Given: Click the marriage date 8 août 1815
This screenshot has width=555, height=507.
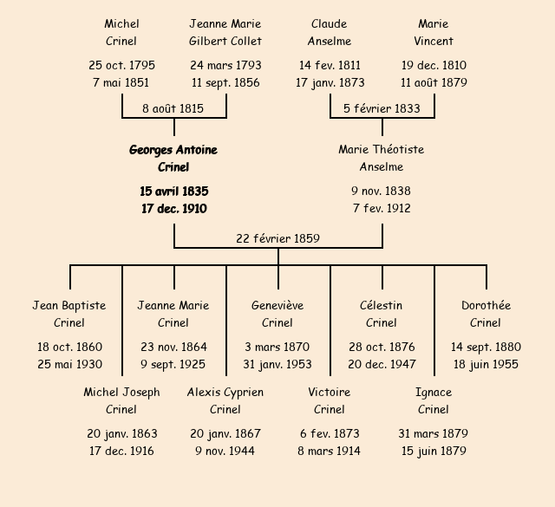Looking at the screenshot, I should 173,108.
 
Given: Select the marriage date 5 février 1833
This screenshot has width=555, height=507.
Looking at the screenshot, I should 382,108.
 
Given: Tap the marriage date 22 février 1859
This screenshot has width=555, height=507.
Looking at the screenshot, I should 278,238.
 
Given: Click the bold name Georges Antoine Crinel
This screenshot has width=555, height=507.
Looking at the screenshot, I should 173,159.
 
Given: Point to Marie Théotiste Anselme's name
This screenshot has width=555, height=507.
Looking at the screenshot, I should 382,159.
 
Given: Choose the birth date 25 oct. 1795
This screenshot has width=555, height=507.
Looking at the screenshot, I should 121,65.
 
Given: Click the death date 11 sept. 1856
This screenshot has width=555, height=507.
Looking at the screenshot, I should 225,83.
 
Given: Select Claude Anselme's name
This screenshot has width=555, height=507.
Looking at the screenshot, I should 330,32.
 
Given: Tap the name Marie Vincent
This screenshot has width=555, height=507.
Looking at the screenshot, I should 434,32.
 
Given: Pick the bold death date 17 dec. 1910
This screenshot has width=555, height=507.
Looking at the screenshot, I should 173,208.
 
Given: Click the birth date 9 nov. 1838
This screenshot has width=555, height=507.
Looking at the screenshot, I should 382,191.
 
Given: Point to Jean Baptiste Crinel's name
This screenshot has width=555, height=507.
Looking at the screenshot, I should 69,314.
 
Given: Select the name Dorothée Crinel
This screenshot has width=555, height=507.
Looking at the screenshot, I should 486,314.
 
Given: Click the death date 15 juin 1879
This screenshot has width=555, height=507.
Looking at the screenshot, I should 434,451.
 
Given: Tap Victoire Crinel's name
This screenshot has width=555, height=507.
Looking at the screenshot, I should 330,400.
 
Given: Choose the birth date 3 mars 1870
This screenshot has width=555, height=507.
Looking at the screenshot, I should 277,347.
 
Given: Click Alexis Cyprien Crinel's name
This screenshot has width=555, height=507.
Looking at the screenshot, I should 225,400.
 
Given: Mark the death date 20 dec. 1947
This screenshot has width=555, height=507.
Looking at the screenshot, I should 382,364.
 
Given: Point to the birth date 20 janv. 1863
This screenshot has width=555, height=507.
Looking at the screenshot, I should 121,433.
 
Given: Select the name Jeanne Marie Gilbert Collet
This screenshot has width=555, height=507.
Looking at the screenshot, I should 225,32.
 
